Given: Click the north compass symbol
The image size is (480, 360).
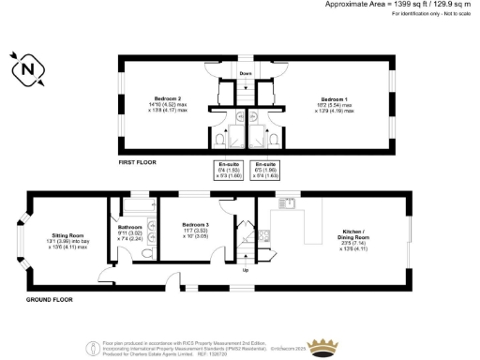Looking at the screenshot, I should (x=28, y=67).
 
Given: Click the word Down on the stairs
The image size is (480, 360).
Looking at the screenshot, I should (x=245, y=72).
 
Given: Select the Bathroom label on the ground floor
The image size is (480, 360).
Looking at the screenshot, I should (x=129, y=227).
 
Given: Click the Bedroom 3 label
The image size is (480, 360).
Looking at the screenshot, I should (x=195, y=225).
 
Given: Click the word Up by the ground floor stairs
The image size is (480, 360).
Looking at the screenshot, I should (x=245, y=272).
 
